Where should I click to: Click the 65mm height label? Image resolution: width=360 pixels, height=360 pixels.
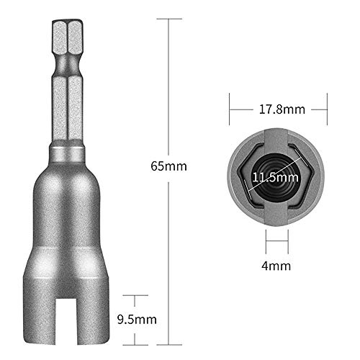[x=168, y=166]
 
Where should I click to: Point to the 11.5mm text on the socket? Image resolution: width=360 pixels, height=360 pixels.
[x=276, y=176]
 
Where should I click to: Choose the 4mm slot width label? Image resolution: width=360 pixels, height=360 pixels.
[x=277, y=266]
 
